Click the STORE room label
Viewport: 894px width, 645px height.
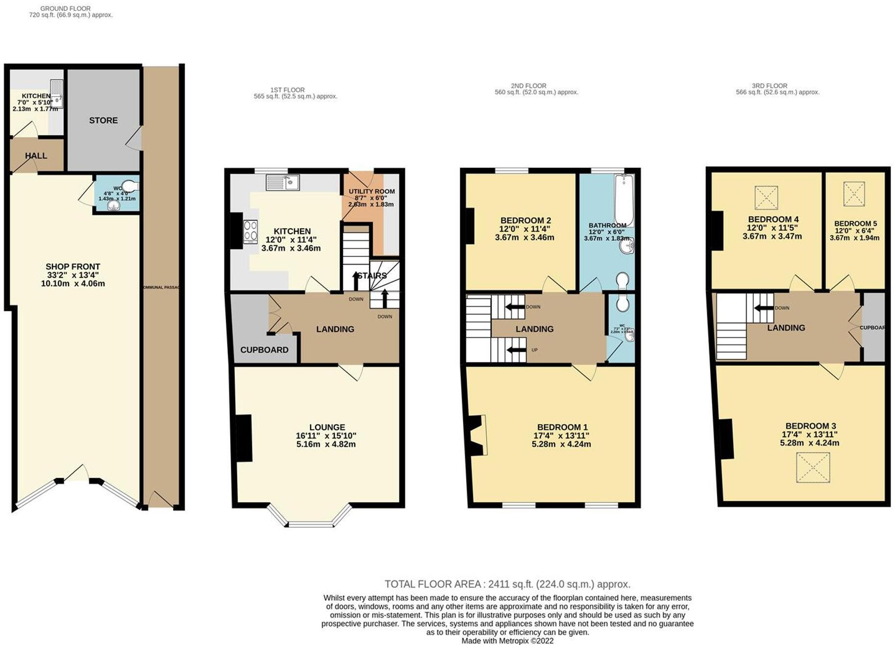click(x=103, y=120)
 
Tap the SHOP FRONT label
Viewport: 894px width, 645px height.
click(x=73, y=267)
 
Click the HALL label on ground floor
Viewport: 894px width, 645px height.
click(x=36, y=155)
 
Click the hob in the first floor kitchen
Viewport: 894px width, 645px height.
click(x=250, y=232)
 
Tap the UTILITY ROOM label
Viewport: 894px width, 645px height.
click(x=371, y=191)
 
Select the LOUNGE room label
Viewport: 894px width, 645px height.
click(x=326, y=427)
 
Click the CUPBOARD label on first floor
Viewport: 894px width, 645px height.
click(x=264, y=350)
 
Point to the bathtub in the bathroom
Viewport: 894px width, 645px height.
click(x=624, y=201)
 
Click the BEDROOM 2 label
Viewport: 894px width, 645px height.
click(x=525, y=221)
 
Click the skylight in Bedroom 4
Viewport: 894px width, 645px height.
click(x=766, y=198)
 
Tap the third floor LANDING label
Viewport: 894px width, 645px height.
click(x=786, y=328)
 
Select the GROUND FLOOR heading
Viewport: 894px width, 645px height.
click(x=65, y=9)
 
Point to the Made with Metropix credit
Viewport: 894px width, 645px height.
click(x=507, y=641)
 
